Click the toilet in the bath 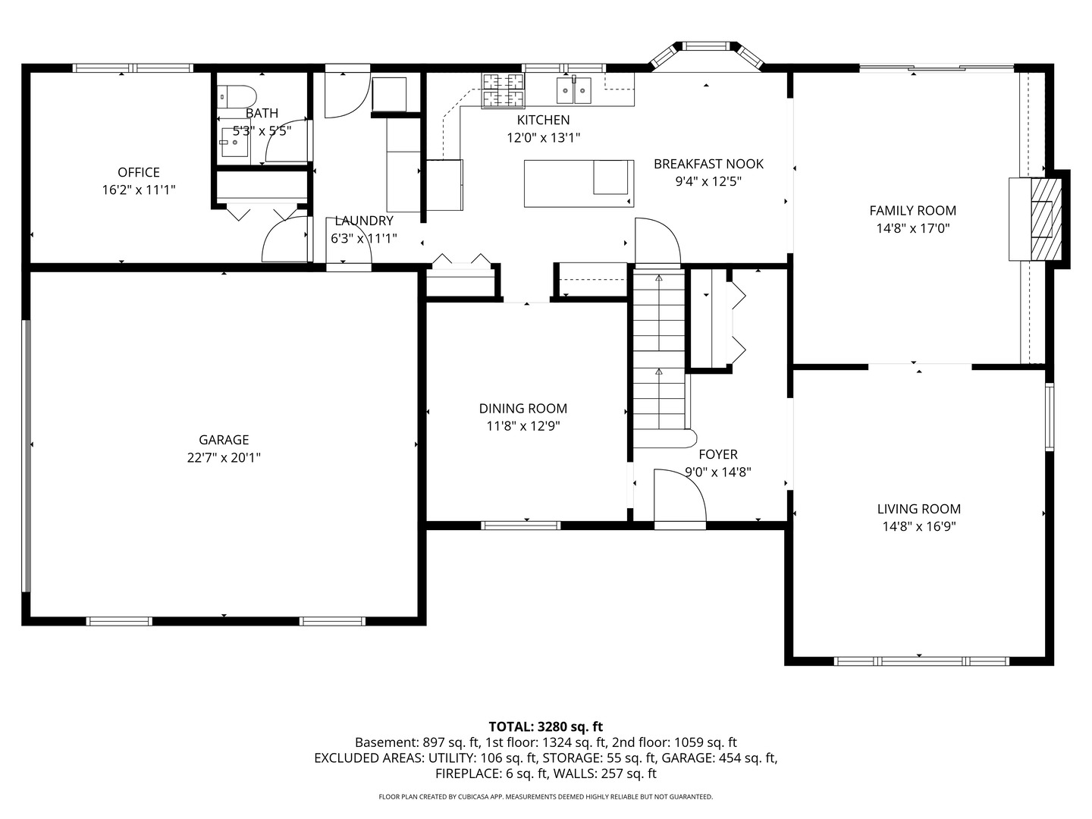tap(237, 96)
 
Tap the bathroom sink tap(234, 142)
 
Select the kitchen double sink tap(573, 90)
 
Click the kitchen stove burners tap(503, 90)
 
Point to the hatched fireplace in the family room tap(1046, 219)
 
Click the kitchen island tap(579, 184)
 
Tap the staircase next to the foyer tap(660, 357)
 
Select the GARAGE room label tap(224, 440)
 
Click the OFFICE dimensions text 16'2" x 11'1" tap(139, 190)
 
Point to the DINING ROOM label tap(522, 408)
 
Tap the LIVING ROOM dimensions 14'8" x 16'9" tap(919, 526)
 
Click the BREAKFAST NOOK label tap(708, 164)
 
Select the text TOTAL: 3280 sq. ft tap(546, 726)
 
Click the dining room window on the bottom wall tap(520, 526)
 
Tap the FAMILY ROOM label tap(913, 210)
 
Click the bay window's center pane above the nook tap(706, 46)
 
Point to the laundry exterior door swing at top tap(347, 96)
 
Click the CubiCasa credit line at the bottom tap(546, 796)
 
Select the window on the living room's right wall tap(1050, 417)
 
